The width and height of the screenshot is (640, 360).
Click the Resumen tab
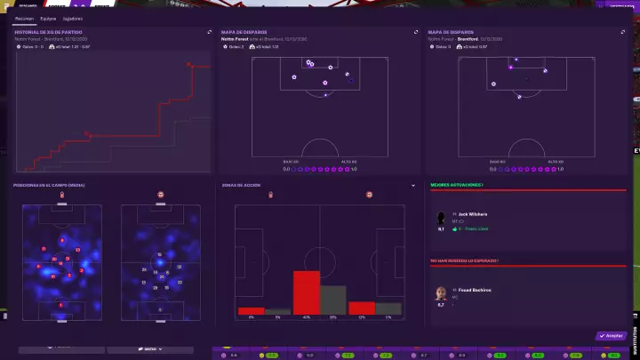pyautogui.click(x=24, y=18)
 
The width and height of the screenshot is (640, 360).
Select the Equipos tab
pyautogui.click(x=49, y=18)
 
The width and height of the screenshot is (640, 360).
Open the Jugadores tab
pyautogui.click(x=73, y=18)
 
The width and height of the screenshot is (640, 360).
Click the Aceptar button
pyautogui.click(x=611, y=336)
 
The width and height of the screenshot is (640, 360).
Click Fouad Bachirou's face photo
pyautogui.click(x=441, y=293)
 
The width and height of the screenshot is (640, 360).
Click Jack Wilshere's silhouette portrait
pyautogui.click(x=441, y=218)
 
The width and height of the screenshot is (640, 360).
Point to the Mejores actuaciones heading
pyautogui.click(x=457, y=185)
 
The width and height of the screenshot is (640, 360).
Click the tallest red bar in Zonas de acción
pyautogui.click(x=307, y=292)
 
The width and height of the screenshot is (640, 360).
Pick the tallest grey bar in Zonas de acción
pyautogui.click(x=333, y=300)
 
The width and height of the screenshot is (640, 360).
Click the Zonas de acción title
pyautogui.click(x=242, y=185)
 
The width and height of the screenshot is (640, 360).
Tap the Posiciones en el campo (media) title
pyautogui.click(x=49, y=185)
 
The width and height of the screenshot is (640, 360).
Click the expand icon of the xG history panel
pyautogui.click(x=210, y=32)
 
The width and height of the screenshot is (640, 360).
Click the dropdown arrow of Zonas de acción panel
pyautogui.click(x=413, y=186)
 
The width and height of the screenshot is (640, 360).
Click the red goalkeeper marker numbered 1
pyautogui.click(x=60, y=305)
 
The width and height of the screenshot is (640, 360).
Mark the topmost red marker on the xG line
pyautogui.click(x=188, y=64)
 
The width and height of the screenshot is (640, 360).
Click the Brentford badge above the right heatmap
pyautogui.click(x=161, y=194)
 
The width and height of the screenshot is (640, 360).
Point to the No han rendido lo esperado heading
pyautogui.click(x=463, y=260)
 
